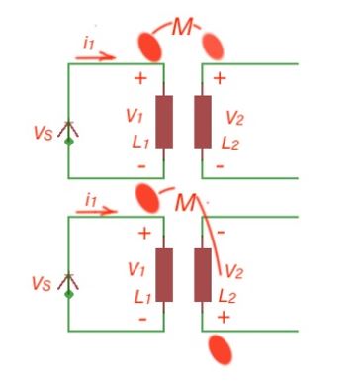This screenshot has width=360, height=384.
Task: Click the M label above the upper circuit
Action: pos(181,28)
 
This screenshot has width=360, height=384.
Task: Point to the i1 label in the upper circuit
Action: pos(89,42)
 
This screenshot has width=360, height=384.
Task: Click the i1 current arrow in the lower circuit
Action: pos(94,212)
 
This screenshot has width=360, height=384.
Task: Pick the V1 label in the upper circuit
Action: pos(135,117)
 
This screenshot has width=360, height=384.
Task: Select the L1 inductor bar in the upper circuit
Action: pos(164,122)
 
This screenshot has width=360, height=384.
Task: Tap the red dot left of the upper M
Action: pos(148,44)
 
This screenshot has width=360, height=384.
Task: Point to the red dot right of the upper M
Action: pos(213,43)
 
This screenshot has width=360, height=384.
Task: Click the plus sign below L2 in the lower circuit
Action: pos(223,318)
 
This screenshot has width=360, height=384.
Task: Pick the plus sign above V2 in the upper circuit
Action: pos(219,77)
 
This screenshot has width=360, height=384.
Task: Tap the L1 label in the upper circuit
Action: pos(135,143)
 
